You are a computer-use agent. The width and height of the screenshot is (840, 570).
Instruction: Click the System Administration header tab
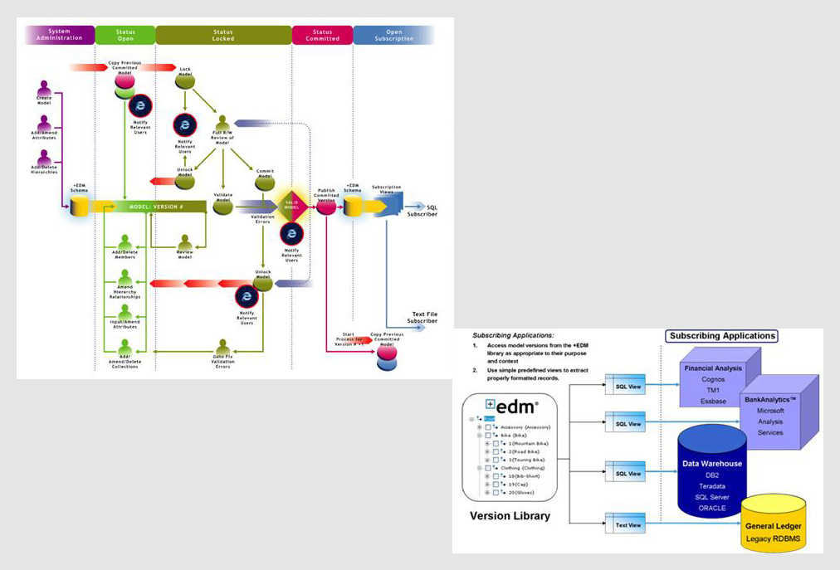point(60,34)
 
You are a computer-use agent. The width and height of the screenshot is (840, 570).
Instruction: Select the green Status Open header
point(125,34)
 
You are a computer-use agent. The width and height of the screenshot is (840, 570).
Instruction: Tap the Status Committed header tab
point(322,34)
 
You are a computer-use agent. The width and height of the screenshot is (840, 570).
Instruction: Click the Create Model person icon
point(44,88)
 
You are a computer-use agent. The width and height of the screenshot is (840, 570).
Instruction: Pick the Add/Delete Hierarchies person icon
point(44,158)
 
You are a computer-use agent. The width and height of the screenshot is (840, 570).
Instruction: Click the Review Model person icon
point(185,242)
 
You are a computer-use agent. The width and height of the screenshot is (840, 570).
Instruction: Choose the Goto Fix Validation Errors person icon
point(222,347)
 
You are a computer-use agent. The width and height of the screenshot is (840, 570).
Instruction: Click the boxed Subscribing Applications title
point(720,336)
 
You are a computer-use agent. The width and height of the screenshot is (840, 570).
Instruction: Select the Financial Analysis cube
point(714,378)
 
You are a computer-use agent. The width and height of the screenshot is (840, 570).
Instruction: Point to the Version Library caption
point(510,515)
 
